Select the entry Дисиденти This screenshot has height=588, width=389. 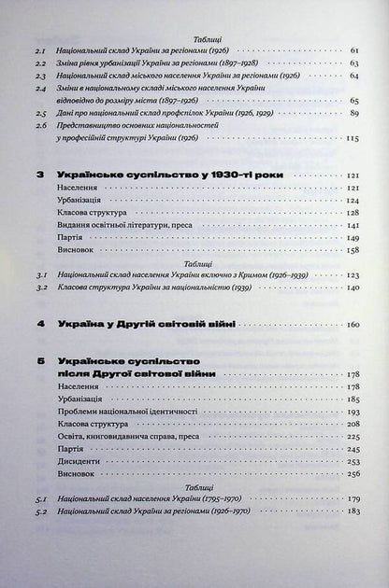click(x=78, y=460)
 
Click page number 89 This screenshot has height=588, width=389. click(x=353, y=110)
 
